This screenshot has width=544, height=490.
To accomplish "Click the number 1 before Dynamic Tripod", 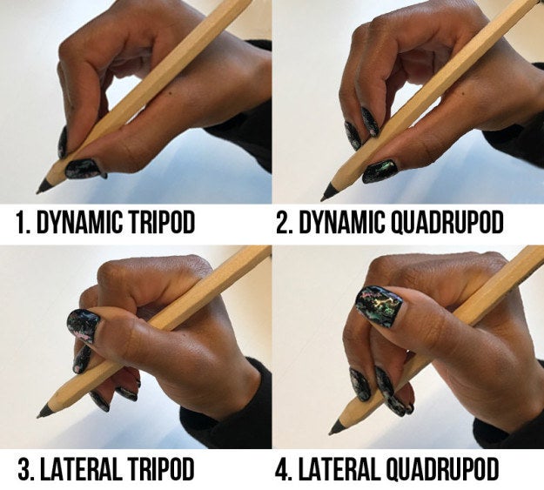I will (x=20, y=223).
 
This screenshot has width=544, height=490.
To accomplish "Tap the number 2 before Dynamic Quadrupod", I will (x=283, y=223).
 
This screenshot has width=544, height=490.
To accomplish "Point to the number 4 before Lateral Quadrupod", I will (x=283, y=471).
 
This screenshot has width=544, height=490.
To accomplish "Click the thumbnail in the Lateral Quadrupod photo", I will (x=379, y=305).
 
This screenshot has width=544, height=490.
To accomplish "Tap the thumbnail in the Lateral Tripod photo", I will (x=84, y=326).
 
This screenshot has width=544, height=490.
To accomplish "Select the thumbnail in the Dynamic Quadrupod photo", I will (x=379, y=170).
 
